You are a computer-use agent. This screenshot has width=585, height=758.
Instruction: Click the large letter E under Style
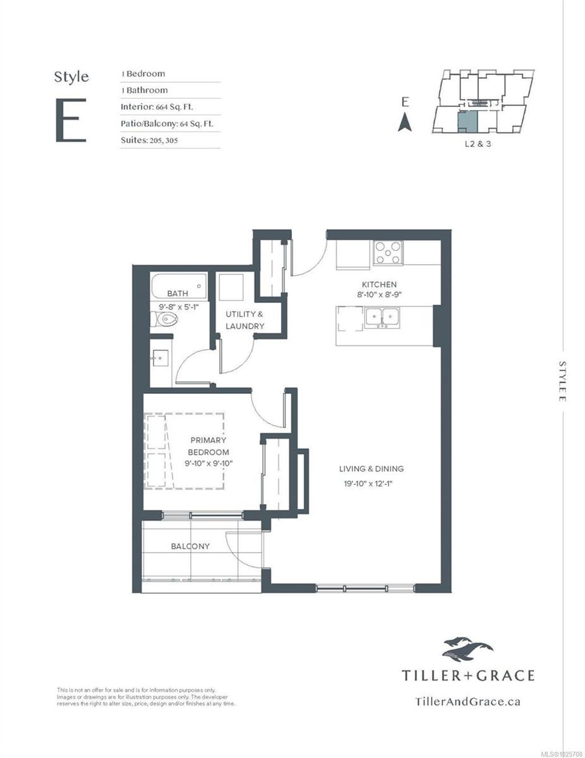[71, 120]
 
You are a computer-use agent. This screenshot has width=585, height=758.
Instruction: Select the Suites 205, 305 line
[149, 140]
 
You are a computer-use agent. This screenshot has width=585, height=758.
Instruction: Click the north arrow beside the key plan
[405, 122]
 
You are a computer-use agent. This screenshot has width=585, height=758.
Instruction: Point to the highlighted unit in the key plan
[467, 121]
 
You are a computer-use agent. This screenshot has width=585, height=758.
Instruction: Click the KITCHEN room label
[379, 285]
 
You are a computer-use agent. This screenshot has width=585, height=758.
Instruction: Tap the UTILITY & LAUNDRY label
[245, 320]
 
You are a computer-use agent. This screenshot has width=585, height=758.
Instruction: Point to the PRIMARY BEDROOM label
[208, 446]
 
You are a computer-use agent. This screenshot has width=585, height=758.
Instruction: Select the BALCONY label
[190, 546]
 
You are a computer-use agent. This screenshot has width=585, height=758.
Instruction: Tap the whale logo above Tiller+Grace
[467, 649]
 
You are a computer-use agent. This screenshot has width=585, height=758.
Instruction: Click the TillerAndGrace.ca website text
[467, 701]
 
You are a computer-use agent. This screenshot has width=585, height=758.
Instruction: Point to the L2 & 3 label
[477, 144]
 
